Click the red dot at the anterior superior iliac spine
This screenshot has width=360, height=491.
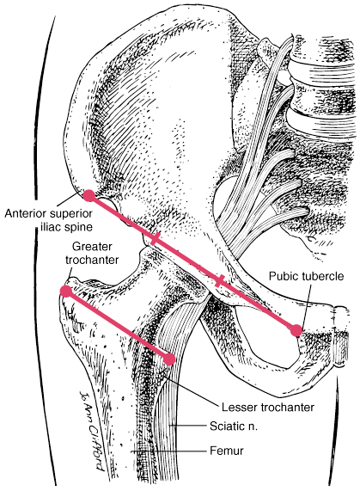pyautogui.click(x=89, y=196)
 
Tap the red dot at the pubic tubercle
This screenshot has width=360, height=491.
pyautogui.click(x=296, y=330)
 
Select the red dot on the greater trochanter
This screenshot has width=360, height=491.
pyautogui.click(x=66, y=292)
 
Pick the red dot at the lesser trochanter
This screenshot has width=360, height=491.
pyautogui.click(x=169, y=359)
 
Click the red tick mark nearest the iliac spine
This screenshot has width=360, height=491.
pyautogui.click(x=156, y=239)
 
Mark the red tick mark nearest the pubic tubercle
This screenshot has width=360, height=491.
pyautogui.click(x=220, y=280)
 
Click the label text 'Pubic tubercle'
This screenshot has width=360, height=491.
pyautogui.click(x=306, y=276)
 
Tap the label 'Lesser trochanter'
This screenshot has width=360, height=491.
pyautogui.click(x=268, y=408)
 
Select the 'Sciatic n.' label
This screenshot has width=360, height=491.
pyautogui.click(x=234, y=427)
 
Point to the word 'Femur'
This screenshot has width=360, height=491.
pyautogui.click(x=227, y=451)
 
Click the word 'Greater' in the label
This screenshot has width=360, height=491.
pyautogui.click(x=92, y=247)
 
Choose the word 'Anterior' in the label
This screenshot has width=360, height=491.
pyautogui.click(x=26, y=213)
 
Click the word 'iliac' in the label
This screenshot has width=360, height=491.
pyautogui.click(x=52, y=226)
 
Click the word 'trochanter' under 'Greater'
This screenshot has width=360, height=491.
pyautogui.click(x=92, y=260)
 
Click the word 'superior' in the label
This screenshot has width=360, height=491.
pyautogui.click(x=71, y=214)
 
